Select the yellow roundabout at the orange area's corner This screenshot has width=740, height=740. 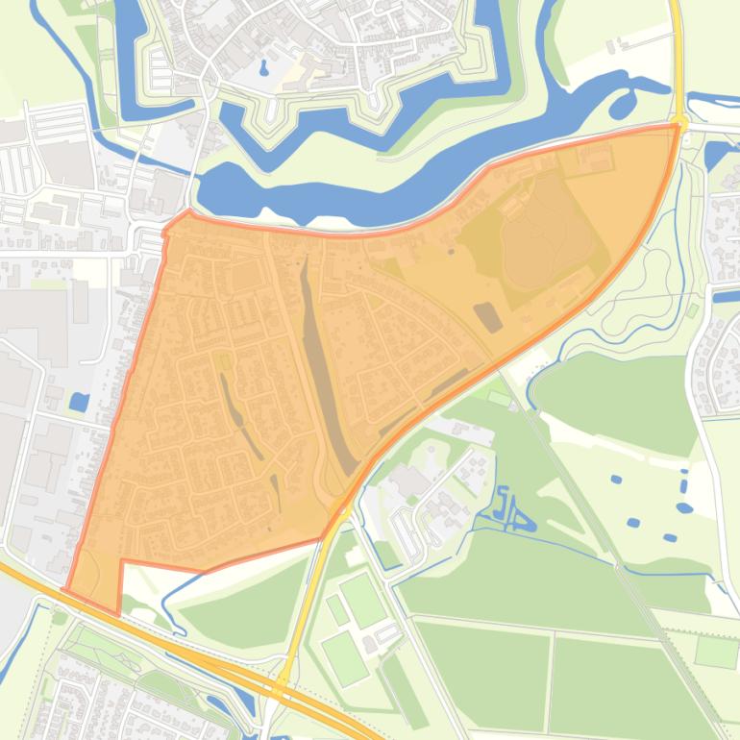pos(679,123)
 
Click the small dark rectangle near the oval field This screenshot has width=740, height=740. pos(488,316)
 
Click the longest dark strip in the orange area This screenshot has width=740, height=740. pos(322,365)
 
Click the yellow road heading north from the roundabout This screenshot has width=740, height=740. pos(677,58)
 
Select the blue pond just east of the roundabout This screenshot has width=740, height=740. pos(715,154)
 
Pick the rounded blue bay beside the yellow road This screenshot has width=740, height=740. pos(626,100)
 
